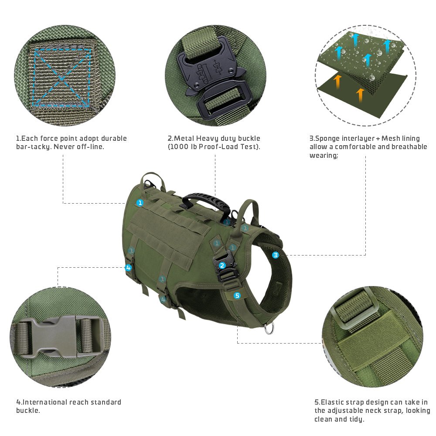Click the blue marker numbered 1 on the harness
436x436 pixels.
pos(140,203)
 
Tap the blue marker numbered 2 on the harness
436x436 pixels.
pos(222,265)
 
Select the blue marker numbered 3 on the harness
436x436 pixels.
pos(276,255)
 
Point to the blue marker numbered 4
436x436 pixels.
pos(128,268)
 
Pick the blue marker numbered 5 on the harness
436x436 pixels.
pos(237,296)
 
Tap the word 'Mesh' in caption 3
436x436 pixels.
pos(391,139)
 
